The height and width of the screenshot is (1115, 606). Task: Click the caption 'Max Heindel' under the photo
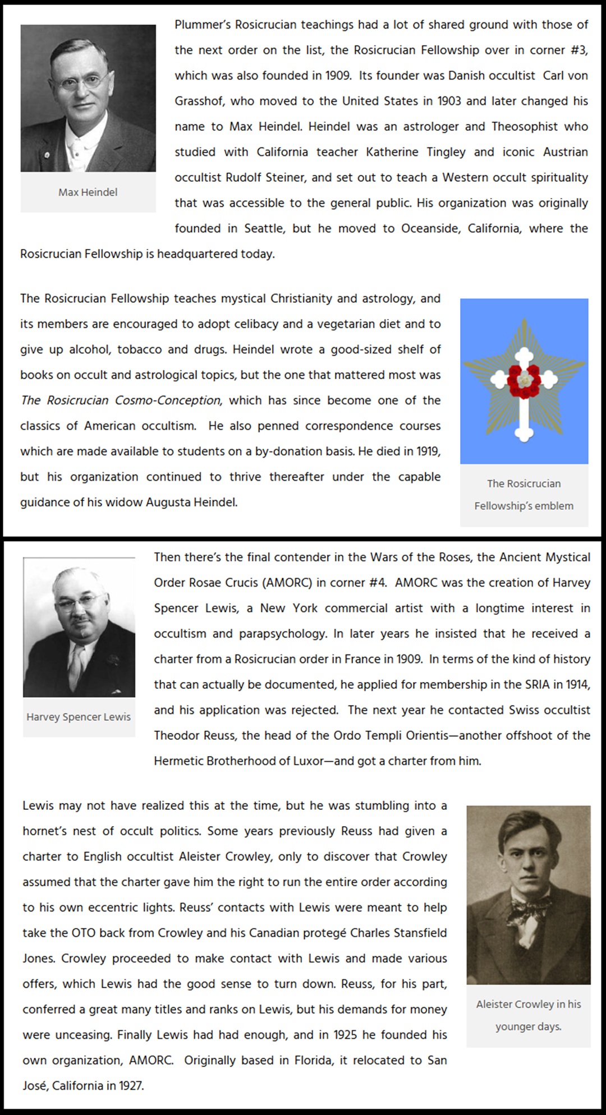pos(88,192)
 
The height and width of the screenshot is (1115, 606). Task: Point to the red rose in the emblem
pos(524,381)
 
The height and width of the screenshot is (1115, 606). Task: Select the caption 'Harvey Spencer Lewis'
pos(79,717)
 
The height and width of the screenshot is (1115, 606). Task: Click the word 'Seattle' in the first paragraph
pos(264,228)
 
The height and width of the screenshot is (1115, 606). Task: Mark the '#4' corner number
pos(378,583)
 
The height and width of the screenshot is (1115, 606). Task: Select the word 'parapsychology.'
pos(283,634)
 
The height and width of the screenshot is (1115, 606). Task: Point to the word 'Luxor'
pos(308,761)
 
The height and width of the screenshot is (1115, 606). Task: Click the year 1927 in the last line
pos(131,1086)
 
